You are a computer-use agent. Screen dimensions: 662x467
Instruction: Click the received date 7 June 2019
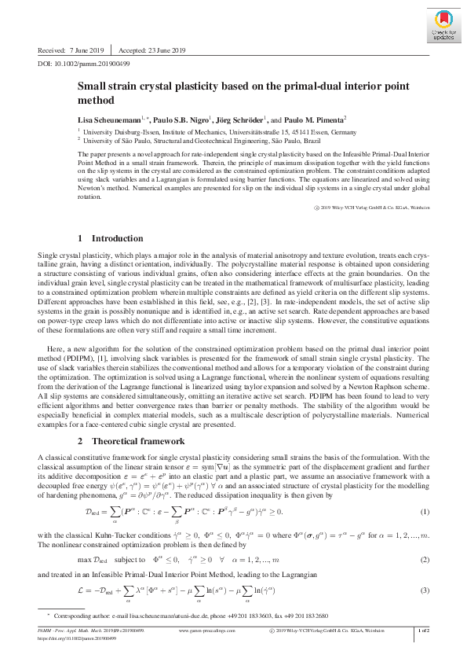(82, 49)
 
